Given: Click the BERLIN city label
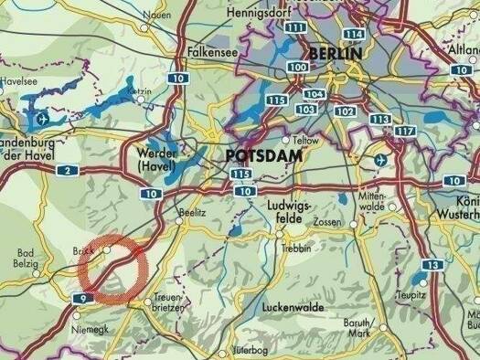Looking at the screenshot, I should (x=336, y=53).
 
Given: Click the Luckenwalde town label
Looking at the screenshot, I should (x=293, y=306).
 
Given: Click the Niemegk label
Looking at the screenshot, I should (x=92, y=319).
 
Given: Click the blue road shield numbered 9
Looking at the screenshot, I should (x=84, y=298).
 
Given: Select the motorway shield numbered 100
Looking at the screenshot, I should (x=297, y=68).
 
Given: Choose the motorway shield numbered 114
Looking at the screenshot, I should (x=354, y=34).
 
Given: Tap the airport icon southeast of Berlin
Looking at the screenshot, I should (x=381, y=160).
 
